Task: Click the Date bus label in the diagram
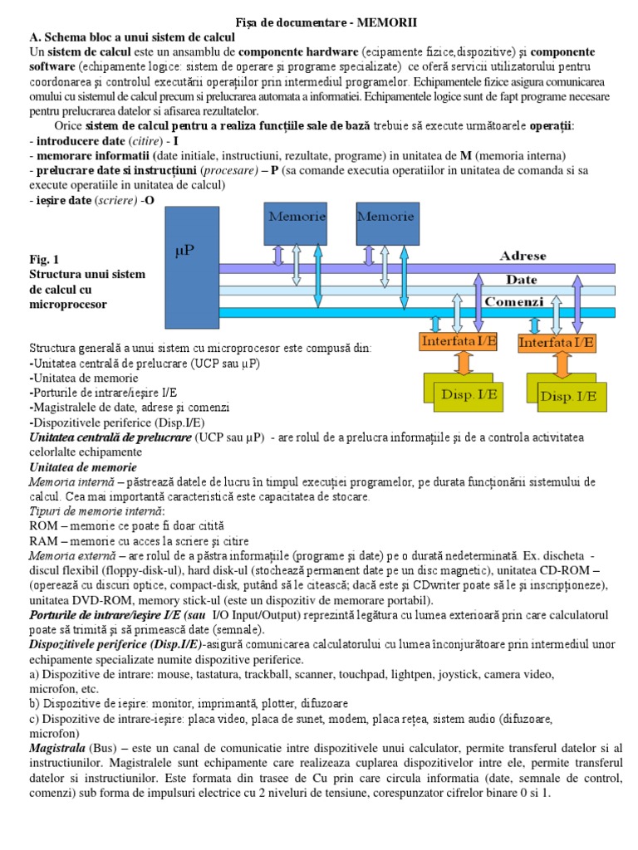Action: pos(522,280)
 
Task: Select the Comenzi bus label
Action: pos(513,302)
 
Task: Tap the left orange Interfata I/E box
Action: pos(458,341)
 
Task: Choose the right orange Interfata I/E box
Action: pos(556,341)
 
